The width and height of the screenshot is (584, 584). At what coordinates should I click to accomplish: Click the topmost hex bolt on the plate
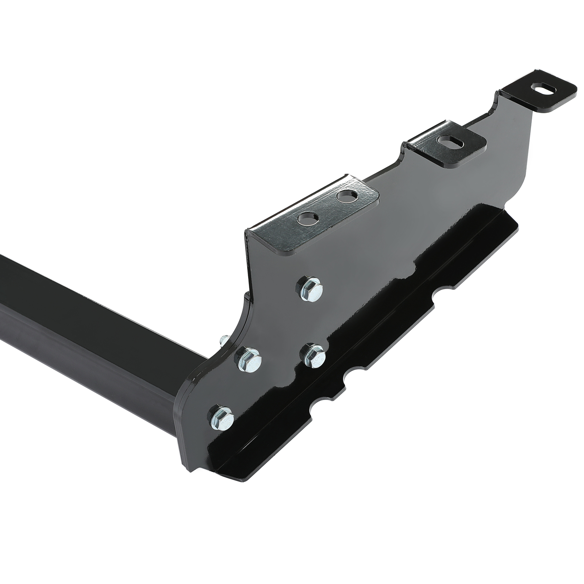pyautogui.click(x=311, y=288)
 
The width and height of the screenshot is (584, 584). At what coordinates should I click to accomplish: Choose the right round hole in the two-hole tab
pyautogui.click(x=347, y=197)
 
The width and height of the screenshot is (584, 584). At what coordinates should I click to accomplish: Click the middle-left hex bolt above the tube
pyautogui.click(x=250, y=360)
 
